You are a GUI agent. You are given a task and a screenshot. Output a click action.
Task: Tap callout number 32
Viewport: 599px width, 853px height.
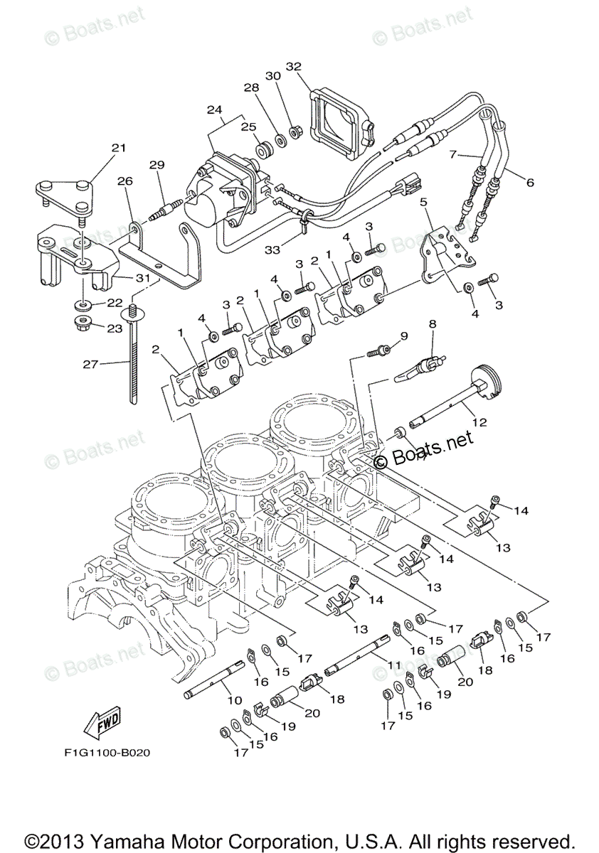tap(294, 66)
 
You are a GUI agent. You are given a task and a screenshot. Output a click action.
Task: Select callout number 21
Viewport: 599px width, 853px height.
tap(117, 148)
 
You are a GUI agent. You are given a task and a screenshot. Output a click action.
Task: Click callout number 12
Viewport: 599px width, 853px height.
tap(479, 422)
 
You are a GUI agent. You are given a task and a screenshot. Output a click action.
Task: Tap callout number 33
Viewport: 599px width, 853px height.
tap(272, 250)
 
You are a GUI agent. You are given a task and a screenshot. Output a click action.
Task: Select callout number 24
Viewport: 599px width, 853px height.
tap(214, 109)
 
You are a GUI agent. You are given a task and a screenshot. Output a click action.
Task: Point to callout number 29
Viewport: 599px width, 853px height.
tap(157, 164)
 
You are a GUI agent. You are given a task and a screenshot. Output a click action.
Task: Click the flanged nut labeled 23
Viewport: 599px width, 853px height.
tap(84, 326)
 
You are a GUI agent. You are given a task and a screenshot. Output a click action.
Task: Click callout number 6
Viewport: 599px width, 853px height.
tap(529, 182)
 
